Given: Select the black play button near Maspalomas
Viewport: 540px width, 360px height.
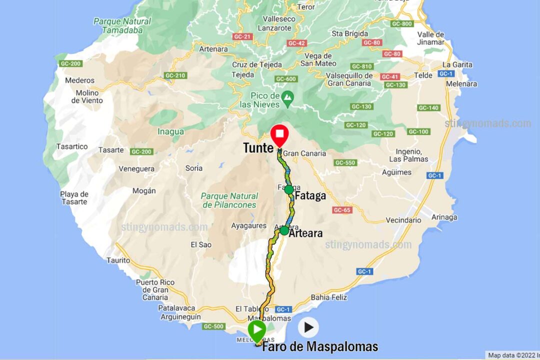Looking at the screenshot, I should click(308, 327).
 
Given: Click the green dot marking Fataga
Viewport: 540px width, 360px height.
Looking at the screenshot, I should click(288, 189).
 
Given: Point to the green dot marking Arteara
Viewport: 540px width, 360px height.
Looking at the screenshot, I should click(284, 230).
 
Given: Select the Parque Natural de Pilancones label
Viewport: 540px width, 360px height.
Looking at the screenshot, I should click(230, 200).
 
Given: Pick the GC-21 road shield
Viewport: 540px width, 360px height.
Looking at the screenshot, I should click(242, 37).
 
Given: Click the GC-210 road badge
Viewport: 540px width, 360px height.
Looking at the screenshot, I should click(175, 75).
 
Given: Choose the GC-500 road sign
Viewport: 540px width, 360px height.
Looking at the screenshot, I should click(214, 326).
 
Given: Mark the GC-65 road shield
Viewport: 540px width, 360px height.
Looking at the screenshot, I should click(342, 210).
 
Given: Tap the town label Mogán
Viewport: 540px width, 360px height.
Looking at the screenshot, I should click(144, 190).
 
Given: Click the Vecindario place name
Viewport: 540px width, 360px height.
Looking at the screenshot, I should click(403, 220).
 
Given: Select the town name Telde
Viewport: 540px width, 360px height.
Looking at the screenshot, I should click(423, 75).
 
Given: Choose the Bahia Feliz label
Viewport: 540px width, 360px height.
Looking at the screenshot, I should click(329, 297).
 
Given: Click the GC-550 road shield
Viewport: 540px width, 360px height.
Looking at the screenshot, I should click(345, 162).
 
